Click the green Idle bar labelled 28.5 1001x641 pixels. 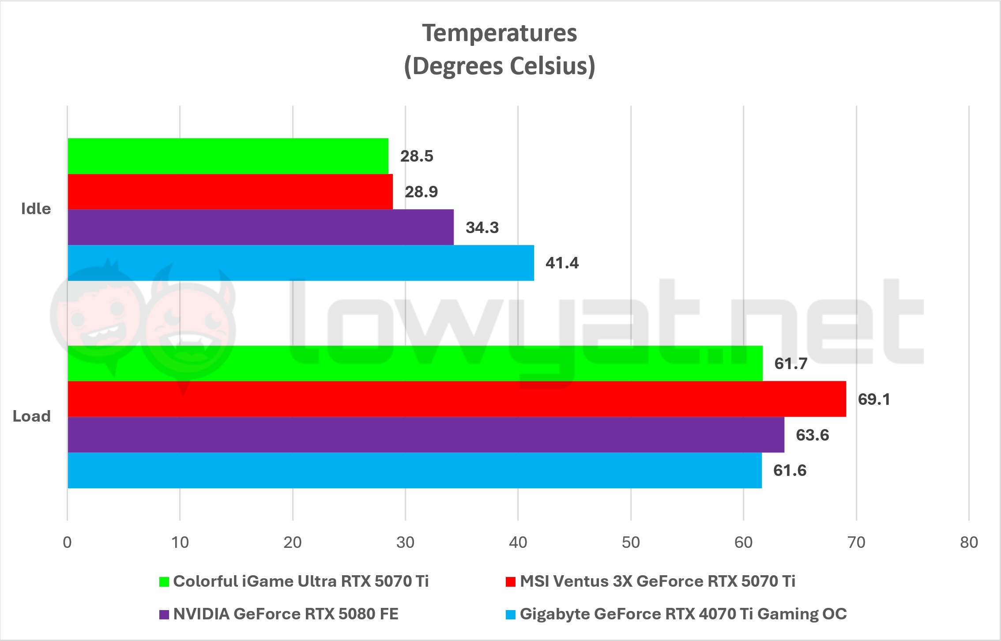pos(228,156)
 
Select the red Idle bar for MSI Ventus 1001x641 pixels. pos(230,192)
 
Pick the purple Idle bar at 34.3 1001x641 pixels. pos(260,227)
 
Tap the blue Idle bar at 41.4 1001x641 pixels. pos(301,263)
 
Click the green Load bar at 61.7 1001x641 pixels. pos(415,363)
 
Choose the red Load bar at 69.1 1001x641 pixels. pos(457,399)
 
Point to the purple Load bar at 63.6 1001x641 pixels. pos(426,435)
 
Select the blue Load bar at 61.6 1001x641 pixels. pos(414,470)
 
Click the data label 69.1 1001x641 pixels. pos(874,400)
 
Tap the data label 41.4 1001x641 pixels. pos(562,263)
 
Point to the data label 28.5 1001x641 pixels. pos(417,156)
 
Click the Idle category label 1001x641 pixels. pos(36,209)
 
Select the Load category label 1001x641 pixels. pos(32,416)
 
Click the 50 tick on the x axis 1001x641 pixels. pos(631,542)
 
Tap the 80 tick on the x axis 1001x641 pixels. pos(969,542)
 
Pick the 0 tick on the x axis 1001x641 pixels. pos(67,542)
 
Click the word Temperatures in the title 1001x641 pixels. pos(500,33)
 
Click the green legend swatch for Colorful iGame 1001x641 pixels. pos(164,582)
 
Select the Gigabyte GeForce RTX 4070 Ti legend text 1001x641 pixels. pos(683,614)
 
